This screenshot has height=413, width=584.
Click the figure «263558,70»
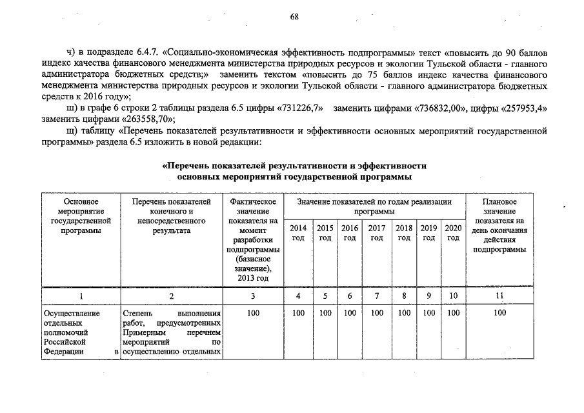(147, 119)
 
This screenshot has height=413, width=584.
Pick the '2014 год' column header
(298, 233)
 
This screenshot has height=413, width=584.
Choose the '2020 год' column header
(453, 233)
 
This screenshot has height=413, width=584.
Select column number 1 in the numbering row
(81, 296)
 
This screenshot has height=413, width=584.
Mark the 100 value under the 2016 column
(350, 313)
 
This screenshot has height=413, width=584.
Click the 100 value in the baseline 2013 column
(252, 313)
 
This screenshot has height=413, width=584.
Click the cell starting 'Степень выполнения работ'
(171, 332)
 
